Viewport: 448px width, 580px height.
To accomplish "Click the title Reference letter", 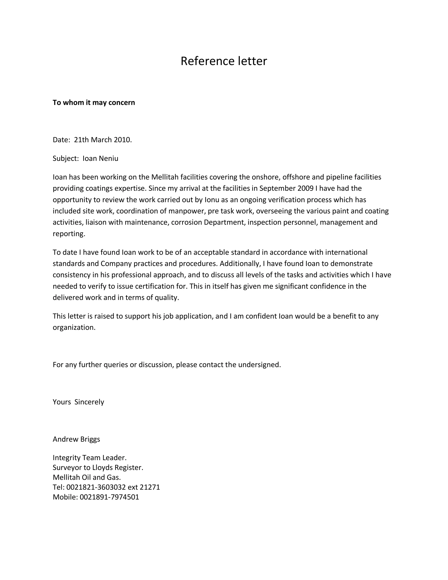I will [224, 61].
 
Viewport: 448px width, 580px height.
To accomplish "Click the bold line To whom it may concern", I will [94, 102].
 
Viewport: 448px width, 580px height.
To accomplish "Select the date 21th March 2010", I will [103, 140].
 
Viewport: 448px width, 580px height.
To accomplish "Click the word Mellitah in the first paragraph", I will [165, 177].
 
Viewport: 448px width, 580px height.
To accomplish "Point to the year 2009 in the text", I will [305, 188].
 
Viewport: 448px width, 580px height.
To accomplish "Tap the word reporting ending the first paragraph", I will [69, 234].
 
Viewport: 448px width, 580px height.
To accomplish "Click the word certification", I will [154, 286].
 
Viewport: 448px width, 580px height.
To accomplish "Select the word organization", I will [74, 327].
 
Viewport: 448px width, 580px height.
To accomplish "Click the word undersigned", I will [259, 365].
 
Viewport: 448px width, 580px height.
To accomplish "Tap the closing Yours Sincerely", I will [78, 402].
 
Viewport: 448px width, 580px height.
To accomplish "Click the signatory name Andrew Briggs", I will [76, 439].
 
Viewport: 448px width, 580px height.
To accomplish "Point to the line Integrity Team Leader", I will [89, 458].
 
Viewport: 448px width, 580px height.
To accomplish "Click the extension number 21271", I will [150, 487].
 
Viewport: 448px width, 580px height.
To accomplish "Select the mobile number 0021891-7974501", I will [109, 497].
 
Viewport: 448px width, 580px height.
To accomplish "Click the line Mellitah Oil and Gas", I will [87, 477].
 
